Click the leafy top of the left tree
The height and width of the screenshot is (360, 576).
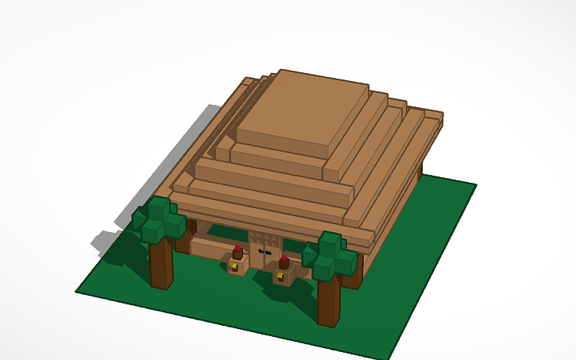[x=160, y=219]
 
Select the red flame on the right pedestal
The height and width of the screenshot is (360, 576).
[x=284, y=259]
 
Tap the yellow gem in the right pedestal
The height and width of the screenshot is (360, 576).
[x=280, y=277]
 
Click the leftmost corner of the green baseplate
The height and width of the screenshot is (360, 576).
[x=77, y=291]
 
